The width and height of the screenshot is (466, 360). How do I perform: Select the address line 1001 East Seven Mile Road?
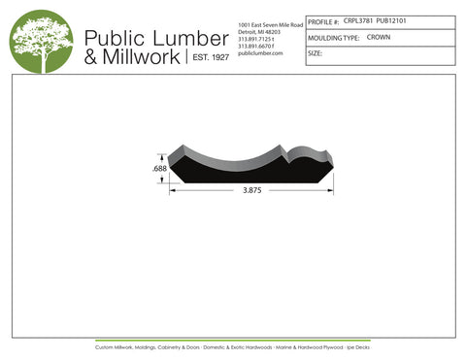(270, 22)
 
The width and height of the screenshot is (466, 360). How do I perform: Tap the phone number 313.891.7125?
(255, 38)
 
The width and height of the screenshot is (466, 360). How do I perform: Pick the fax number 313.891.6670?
(255, 46)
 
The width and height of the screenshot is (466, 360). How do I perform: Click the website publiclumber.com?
(259, 53)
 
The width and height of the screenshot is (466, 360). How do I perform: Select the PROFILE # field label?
(323, 20)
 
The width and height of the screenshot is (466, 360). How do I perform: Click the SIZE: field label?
(315, 53)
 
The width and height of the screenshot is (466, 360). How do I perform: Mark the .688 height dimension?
(158, 170)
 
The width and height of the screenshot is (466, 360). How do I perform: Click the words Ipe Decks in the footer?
(356, 346)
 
